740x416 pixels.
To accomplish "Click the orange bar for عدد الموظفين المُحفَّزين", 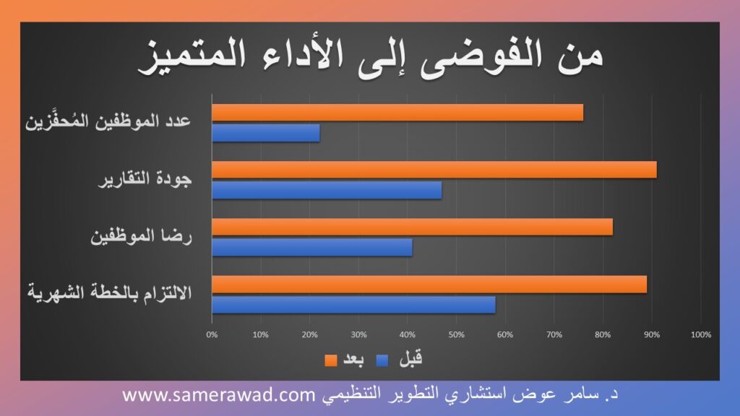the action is (x=397, y=113).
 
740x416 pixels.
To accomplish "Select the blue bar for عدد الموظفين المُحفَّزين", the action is (x=266, y=133).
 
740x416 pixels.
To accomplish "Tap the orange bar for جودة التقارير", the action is (x=434, y=170).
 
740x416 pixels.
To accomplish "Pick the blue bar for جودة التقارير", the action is (x=327, y=190).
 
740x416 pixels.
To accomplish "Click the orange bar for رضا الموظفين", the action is (x=413, y=227).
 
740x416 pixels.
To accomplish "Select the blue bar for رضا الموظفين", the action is (x=312, y=248).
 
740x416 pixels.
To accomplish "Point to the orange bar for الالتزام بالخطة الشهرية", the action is (x=429, y=285).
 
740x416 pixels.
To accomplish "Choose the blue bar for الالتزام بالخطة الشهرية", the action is (x=353, y=305).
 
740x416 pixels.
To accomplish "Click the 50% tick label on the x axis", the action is (x=457, y=334).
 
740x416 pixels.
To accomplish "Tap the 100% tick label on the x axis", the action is (x=701, y=334).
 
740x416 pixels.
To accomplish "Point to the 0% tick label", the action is (x=212, y=334).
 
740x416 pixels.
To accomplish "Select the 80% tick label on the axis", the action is (x=603, y=334).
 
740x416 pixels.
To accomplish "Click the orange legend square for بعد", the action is (x=331, y=360).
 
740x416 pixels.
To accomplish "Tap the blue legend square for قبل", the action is (x=382, y=360).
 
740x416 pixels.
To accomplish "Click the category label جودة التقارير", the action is (x=145, y=179).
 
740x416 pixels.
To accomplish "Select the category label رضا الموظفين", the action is (x=141, y=236).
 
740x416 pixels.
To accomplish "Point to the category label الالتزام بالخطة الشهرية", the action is (x=110, y=292).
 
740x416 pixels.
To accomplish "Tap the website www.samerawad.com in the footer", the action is (x=219, y=394).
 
